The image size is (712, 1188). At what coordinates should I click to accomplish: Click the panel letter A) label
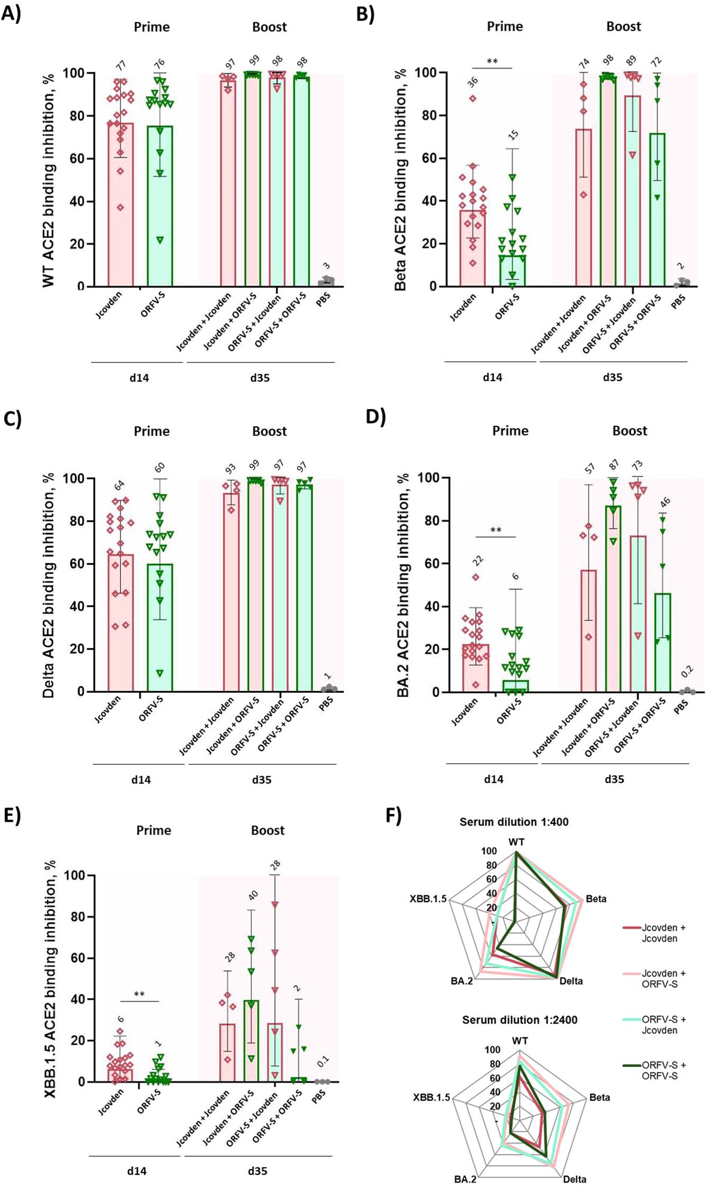pyautogui.click(x=11, y=13)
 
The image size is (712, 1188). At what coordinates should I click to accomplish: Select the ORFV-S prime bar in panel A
pyautogui.click(x=160, y=206)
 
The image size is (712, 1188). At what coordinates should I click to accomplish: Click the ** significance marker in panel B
pyautogui.click(x=492, y=61)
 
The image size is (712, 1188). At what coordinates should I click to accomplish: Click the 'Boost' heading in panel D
pyautogui.click(x=630, y=431)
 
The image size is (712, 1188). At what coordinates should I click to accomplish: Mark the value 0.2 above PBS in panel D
pyautogui.click(x=687, y=672)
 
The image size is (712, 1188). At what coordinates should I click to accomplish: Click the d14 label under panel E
pyautogui.click(x=136, y=1171)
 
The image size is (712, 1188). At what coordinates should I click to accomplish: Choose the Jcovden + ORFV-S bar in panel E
pyautogui.click(x=251, y=1041)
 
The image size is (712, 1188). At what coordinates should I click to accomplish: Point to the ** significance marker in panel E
pyautogui.click(x=139, y=995)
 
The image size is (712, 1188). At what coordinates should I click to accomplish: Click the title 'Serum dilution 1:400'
pyautogui.click(x=514, y=822)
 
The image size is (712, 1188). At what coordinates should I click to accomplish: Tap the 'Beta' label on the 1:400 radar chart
pyautogui.click(x=596, y=899)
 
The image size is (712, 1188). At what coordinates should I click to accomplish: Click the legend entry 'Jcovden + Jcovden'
pyautogui.click(x=663, y=933)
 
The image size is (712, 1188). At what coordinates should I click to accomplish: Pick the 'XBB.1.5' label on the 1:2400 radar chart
pyautogui.click(x=431, y=1098)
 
